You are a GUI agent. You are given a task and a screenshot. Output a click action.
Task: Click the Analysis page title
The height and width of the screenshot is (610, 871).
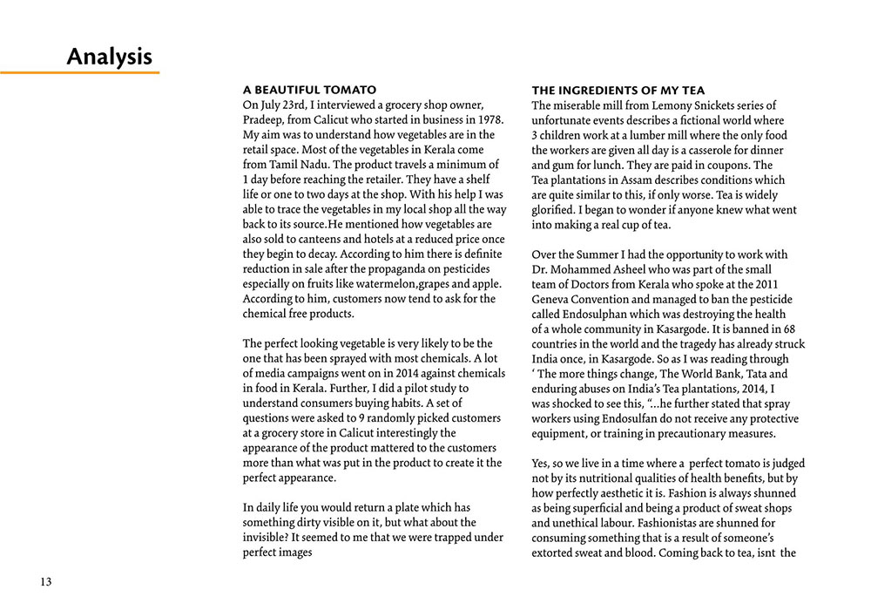tap(110, 58)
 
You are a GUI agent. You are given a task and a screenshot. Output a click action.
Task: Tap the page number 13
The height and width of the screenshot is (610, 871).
tap(45, 581)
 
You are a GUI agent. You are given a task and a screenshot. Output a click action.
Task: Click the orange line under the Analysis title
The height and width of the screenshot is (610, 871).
tap(79, 72)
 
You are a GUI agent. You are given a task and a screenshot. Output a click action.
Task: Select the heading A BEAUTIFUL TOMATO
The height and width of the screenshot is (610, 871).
tap(309, 90)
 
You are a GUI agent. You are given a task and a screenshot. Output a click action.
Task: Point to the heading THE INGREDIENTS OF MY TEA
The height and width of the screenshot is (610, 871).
tap(618, 91)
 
